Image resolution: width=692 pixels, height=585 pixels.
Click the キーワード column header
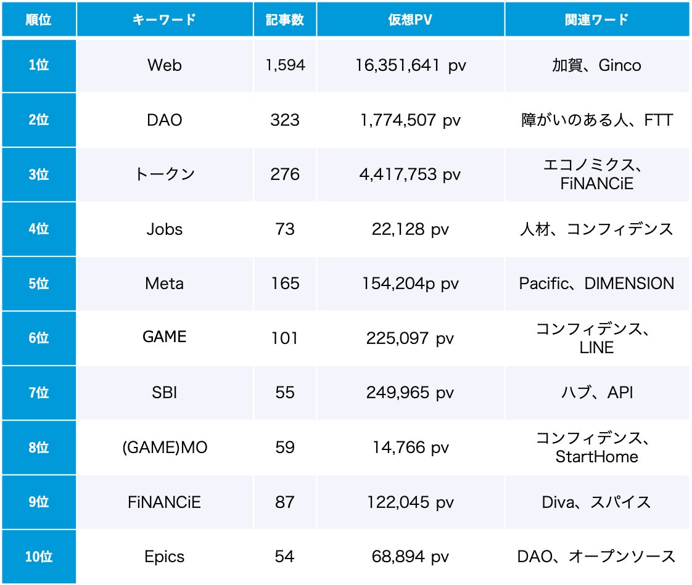pyautogui.click(x=165, y=19)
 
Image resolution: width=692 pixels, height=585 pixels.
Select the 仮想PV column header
pyautogui.click(x=410, y=19)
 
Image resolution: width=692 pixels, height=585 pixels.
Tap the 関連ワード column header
pyautogui.click(x=596, y=19)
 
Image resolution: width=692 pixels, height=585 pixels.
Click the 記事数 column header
pyautogui.click(x=285, y=19)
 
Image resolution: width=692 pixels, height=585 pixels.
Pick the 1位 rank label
pyautogui.click(x=39, y=65)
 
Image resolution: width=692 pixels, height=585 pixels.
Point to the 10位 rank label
pyautogui.click(x=39, y=557)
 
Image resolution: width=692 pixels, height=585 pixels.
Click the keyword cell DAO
pyautogui.click(x=165, y=120)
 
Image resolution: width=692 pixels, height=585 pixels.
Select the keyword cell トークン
pyautogui.click(x=165, y=174)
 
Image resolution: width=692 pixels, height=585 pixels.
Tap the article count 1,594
pyautogui.click(x=285, y=65)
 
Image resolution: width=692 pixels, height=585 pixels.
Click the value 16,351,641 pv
pyautogui.click(x=410, y=65)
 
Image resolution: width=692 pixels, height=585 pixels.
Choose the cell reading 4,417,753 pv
pyautogui.click(x=410, y=174)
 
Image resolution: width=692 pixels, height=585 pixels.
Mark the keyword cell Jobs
pyautogui.click(x=165, y=229)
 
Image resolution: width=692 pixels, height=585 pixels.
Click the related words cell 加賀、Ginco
pyautogui.click(x=596, y=65)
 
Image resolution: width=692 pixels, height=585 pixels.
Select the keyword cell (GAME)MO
pyautogui.click(x=165, y=448)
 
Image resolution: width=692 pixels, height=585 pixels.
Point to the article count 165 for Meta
pyautogui.click(x=285, y=284)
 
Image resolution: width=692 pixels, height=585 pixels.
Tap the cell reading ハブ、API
pyautogui.click(x=596, y=393)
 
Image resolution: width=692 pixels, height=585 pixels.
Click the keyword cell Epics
pyautogui.click(x=165, y=557)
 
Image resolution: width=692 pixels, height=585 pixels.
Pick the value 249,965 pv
pyautogui.click(x=410, y=393)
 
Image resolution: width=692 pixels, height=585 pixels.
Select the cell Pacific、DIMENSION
pyautogui.click(x=596, y=284)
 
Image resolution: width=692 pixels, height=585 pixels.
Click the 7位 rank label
pyautogui.click(x=39, y=393)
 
